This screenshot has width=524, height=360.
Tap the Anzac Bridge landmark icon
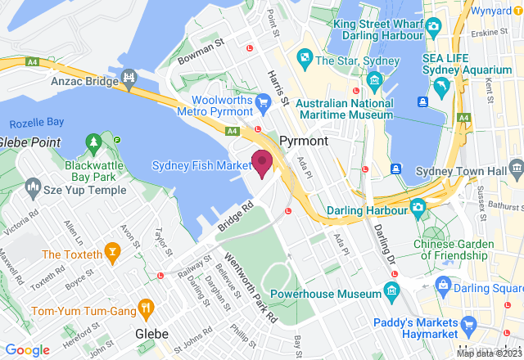click(129, 79)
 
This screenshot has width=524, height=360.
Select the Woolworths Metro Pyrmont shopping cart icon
click(263, 101)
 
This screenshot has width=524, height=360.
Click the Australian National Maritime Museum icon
click(375, 79)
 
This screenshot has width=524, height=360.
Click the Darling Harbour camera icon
click(418, 208)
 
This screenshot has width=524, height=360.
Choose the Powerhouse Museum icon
click(391, 290)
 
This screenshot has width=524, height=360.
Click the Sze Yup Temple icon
click(34, 189)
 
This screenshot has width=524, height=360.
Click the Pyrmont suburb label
click(304, 141)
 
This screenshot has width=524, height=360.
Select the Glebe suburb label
click(151, 334)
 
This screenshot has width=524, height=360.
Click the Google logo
click(28, 349)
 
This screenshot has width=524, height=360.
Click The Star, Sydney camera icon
click(305, 59)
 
